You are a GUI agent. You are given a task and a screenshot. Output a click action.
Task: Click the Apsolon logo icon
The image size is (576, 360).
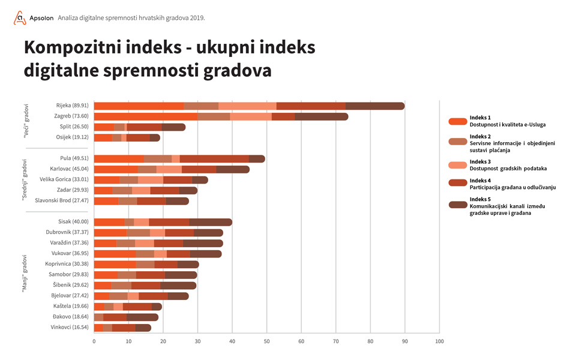tap(20, 18)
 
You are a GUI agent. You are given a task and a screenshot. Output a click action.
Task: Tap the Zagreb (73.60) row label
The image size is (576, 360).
tap(70, 116)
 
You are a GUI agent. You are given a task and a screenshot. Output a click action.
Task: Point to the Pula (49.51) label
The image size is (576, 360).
tap(73, 159)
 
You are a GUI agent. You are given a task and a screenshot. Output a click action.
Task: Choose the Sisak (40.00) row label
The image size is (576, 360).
tap(73, 222)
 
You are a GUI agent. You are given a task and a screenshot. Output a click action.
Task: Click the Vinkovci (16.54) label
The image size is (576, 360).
tap(68, 327)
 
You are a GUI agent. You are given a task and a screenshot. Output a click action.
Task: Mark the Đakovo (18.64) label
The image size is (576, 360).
tap(70, 317)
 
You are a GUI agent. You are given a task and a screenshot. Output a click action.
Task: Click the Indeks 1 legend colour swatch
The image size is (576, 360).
tap(458, 121)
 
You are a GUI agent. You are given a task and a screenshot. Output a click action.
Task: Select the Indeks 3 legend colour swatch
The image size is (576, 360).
tap(458, 164)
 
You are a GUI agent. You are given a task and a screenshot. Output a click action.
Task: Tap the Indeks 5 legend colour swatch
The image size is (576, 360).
tap(458, 205)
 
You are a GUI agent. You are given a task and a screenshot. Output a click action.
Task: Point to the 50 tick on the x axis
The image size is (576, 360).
tap(266, 341)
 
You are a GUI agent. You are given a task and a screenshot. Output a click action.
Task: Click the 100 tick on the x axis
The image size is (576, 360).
tap(439, 341)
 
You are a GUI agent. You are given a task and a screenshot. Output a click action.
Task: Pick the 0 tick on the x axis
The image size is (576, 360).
tap(94, 341)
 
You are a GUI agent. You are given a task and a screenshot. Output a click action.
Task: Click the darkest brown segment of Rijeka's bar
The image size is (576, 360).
tap(375, 106)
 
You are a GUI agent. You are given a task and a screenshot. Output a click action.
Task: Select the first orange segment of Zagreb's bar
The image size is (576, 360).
tap(146, 116)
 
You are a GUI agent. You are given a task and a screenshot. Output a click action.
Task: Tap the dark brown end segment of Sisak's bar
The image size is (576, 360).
tap(211, 222)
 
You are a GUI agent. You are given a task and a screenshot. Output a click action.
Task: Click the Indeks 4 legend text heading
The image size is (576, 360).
tap(480, 181)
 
